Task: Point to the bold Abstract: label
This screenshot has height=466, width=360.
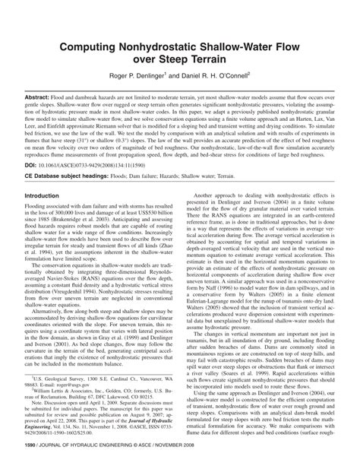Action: (43, 99)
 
